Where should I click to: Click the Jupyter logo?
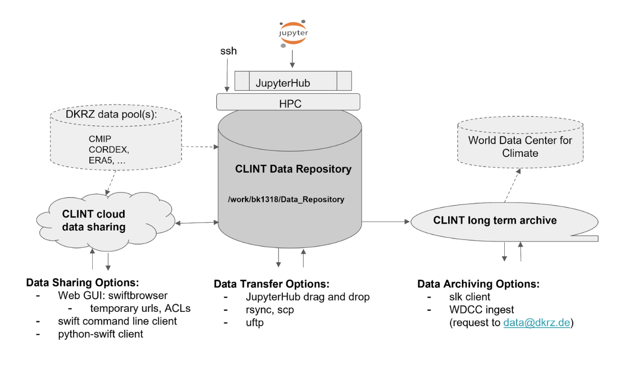click(x=293, y=33)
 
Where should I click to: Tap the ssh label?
click(x=229, y=51)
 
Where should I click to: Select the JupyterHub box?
click(x=293, y=81)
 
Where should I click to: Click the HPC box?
click(x=288, y=102)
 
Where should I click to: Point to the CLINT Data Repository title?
click(x=293, y=169)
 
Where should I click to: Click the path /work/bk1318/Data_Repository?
click(x=286, y=200)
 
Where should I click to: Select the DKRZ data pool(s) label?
click(x=111, y=115)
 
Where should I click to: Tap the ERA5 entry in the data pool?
click(x=100, y=161)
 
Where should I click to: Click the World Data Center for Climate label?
click(x=520, y=146)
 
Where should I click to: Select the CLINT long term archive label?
click(x=495, y=220)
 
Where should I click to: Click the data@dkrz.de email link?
click(x=537, y=323)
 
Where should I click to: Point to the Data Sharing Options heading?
click(x=83, y=282)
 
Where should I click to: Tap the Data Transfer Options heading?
click(x=272, y=284)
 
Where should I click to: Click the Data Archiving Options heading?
click(x=478, y=284)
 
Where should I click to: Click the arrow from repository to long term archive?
click(x=386, y=222)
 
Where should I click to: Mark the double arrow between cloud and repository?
click(x=197, y=223)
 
